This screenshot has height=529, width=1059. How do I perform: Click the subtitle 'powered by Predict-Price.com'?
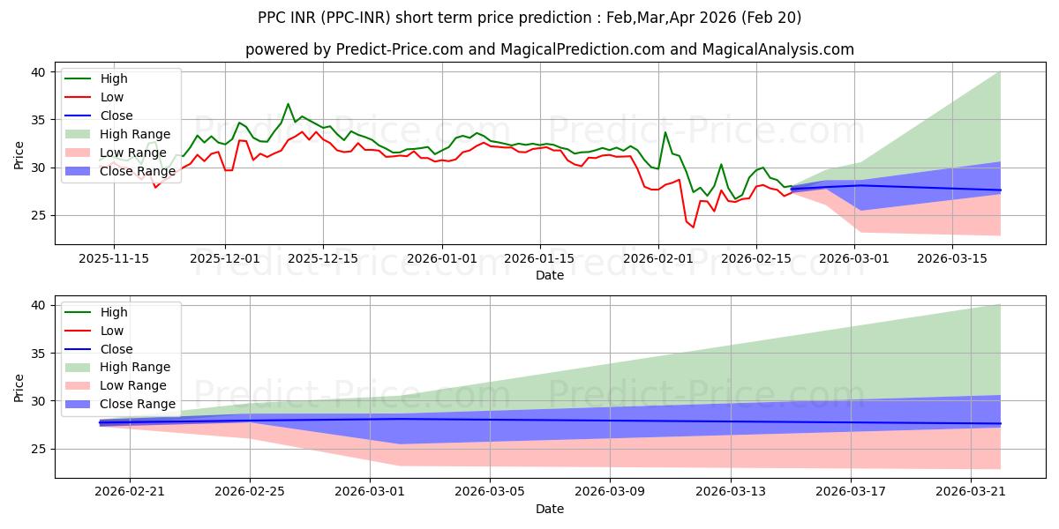(x=549, y=49)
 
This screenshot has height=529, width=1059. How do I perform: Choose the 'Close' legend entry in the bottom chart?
(x=116, y=349)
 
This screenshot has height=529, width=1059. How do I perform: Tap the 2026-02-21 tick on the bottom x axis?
(x=130, y=491)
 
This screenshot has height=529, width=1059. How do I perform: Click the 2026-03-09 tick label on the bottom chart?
(x=611, y=491)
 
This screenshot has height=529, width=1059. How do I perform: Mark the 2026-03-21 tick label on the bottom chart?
(x=971, y=491)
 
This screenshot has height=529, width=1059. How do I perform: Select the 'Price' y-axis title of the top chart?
(x=19, y=154)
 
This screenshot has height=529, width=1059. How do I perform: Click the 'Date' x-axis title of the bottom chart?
(x=549, y=509)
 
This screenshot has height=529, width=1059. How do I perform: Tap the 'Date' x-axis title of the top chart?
(x=549, y=275)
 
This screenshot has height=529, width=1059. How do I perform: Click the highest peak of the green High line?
(x=288, y=104)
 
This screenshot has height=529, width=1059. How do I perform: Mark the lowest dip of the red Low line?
(x=693, y=227)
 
